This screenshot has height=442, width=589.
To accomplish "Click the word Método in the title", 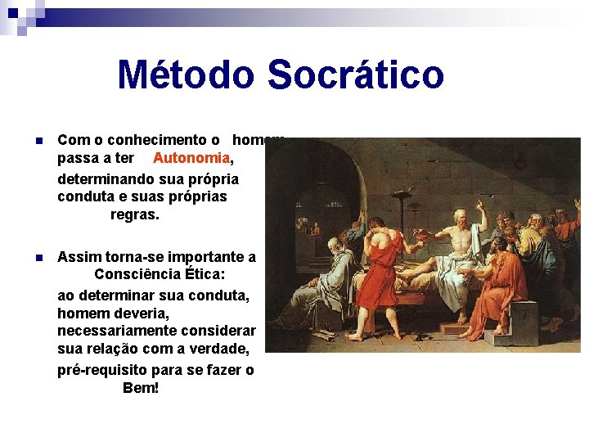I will pos(187,74).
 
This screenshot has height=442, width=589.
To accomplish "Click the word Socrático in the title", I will pos(355,74).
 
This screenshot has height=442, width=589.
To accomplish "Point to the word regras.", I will pos(135,215).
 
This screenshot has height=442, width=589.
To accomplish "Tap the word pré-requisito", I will pos(105,370).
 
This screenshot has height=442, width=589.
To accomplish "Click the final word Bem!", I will pos(141,388).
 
